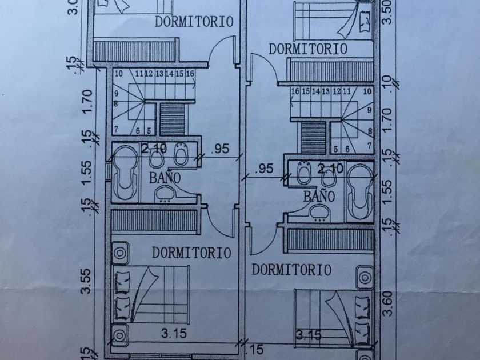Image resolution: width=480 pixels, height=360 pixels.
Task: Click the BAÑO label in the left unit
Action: tap(165, 177)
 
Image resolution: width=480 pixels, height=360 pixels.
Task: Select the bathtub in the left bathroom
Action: tap(123, 174)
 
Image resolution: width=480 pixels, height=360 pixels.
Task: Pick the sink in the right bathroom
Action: tap(318, 213)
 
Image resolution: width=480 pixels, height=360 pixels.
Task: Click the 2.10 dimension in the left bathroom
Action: tap(154, 149)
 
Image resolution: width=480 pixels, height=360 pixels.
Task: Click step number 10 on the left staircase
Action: tap(119, 74)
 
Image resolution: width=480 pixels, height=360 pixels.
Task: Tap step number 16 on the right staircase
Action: tap(295, 91)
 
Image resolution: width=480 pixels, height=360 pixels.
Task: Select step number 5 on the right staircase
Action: tap(334, 149)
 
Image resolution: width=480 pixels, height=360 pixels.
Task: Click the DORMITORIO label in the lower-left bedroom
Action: tap(192, 252)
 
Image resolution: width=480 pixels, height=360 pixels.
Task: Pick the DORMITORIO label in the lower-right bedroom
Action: tap(292, 270)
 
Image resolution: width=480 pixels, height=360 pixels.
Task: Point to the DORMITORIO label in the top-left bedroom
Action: tap(194, 22)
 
